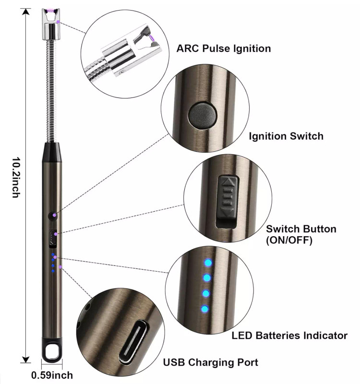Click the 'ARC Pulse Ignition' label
coord(224,48)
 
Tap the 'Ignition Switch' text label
coord(286,136)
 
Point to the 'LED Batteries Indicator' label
coord(289,336)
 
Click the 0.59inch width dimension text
coord(52,375)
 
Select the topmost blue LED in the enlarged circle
coord(208,263)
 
